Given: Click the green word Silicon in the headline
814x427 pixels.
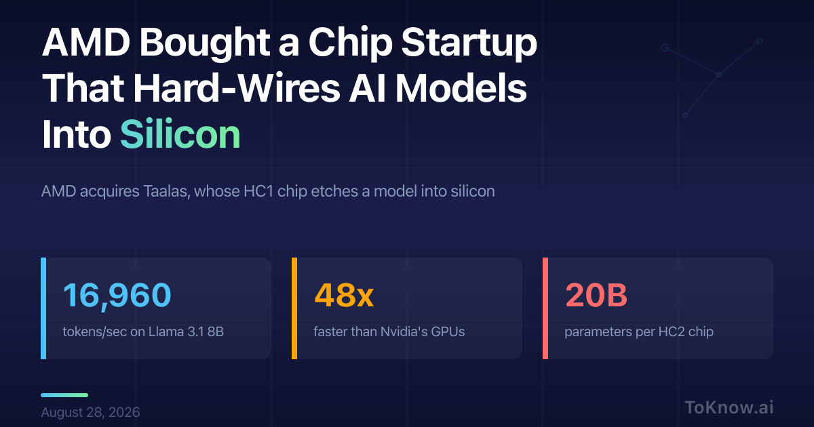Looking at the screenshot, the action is (x=180, y=134).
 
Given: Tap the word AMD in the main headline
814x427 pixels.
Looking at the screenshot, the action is (x=86, y=42).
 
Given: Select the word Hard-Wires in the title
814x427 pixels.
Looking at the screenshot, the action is (x=237, y=88).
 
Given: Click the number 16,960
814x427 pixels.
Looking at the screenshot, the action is (x=117, y=296).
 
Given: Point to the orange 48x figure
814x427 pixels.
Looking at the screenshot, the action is (x=344, y=296).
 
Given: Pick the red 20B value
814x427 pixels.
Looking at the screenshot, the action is (x=596, y=296).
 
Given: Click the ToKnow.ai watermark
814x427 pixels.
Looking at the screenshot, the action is (x=729, y=407).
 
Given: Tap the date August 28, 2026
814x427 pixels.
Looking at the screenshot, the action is (x=90, y=412).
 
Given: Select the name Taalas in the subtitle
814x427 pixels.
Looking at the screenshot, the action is (x=167, y=191).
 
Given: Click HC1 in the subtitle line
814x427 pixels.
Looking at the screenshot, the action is (x=258, y=191).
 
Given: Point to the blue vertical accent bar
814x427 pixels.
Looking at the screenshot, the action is (x=43, y=308).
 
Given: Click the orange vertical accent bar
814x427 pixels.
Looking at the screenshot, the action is (x=294, y=308).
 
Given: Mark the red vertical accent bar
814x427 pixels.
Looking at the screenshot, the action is (x=545, y=308).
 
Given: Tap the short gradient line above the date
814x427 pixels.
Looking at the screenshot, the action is (x=64, y=395).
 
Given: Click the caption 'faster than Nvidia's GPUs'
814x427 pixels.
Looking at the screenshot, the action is (x=389, y=331).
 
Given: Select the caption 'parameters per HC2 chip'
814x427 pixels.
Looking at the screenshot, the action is (x=639, y=332).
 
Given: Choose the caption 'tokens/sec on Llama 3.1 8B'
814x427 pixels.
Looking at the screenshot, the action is (x=143, y=331).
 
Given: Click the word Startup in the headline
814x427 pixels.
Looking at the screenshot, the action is (x=469, y=43).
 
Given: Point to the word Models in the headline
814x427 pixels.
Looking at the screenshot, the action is (x=461, y=88).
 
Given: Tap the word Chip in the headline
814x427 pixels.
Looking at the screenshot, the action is (x=351, y=43).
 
